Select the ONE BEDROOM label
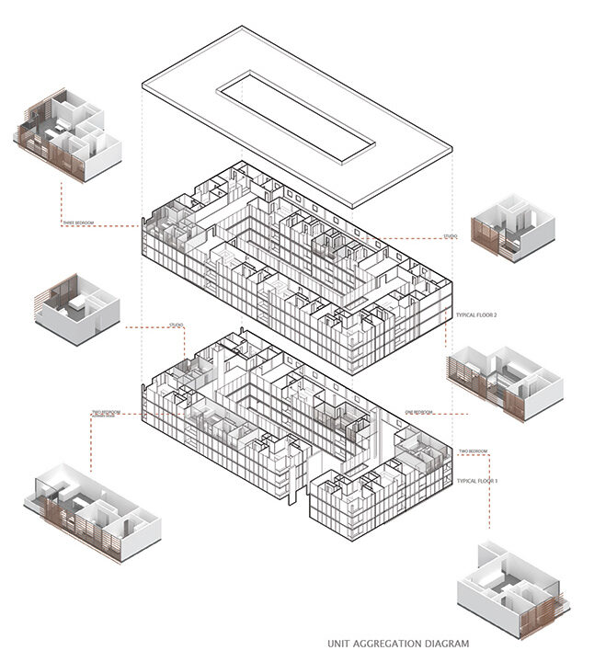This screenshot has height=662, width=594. click(418, 412)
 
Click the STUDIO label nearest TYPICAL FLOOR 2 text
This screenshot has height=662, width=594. click(450, 237)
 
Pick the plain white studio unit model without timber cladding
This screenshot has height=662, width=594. click(77, 307)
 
